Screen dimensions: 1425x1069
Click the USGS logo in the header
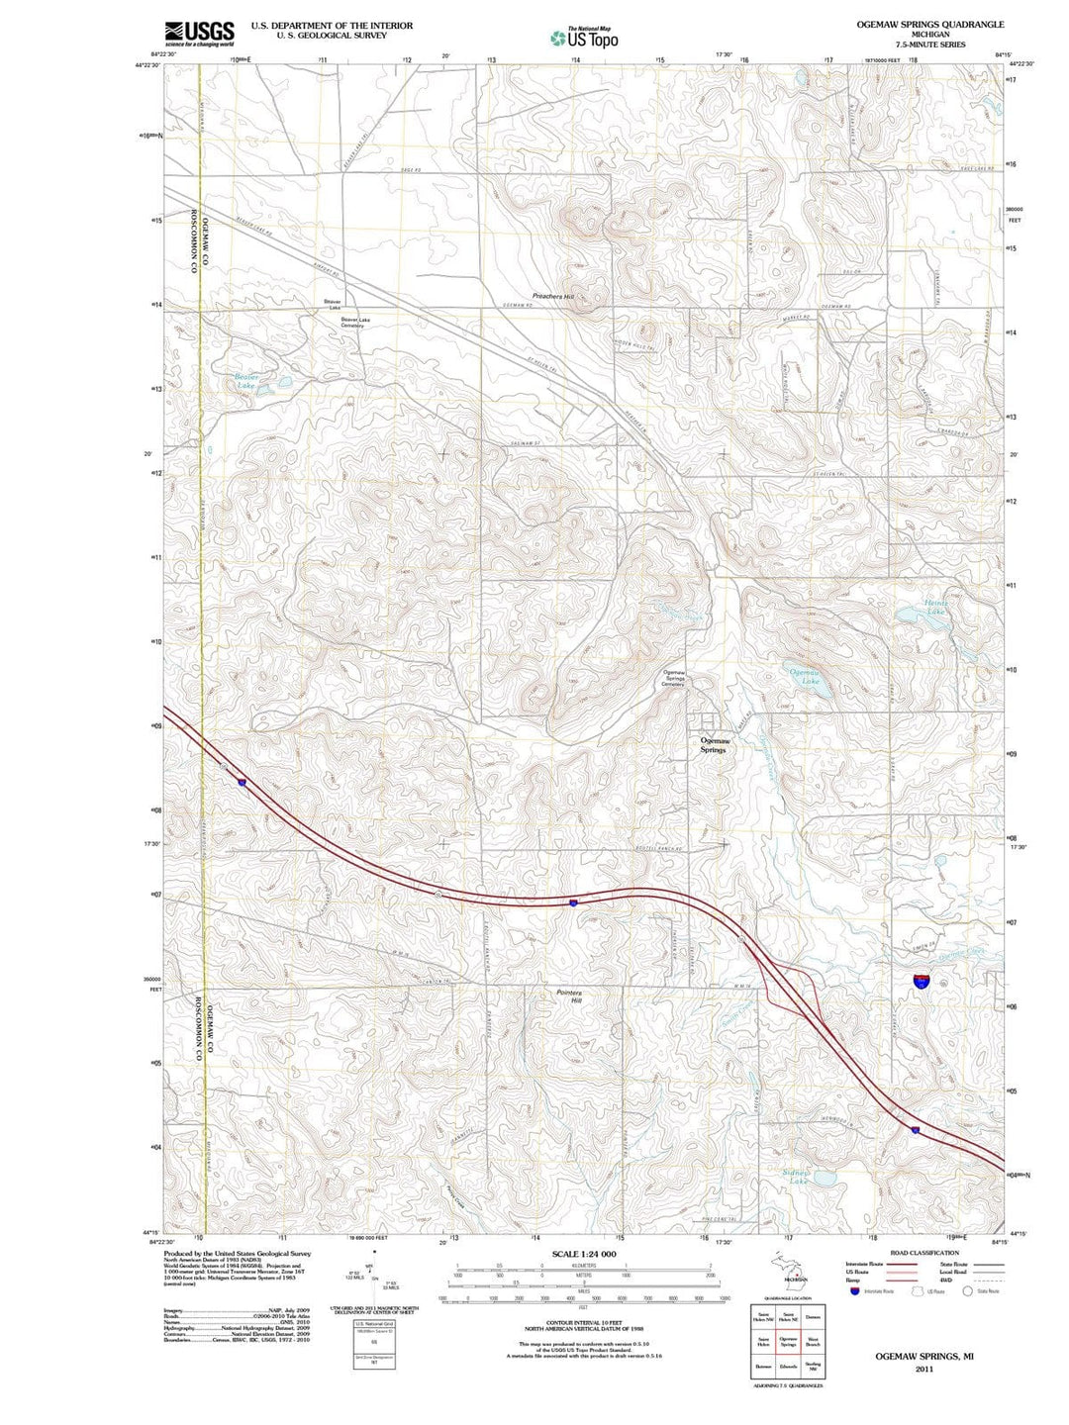click(199, 34)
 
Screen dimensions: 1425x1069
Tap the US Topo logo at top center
click(585, 38)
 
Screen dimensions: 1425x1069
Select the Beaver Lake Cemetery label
click(355, 323)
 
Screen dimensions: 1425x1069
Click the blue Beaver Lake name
click(245, 382)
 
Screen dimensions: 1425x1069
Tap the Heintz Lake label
click(935, 607)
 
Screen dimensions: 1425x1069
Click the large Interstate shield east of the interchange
click(922, 981)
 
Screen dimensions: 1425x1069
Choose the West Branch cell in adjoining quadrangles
click(813, 1343)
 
